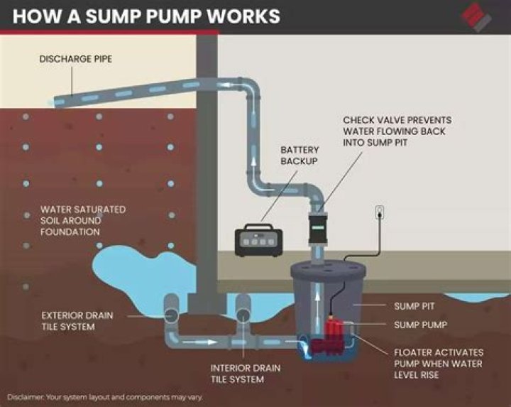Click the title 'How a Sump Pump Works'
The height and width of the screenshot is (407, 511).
click(x=146, y=16)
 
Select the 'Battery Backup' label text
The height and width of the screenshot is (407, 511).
click(x=300, y=156)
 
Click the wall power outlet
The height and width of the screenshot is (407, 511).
click(x=380, y=212)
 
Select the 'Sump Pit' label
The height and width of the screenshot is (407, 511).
click(x=413, y=307)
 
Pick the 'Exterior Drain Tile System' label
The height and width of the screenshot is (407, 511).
click(x=77, y=321)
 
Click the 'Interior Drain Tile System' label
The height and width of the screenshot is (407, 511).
click(x=245, y=374)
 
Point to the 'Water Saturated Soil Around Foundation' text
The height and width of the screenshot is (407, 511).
click(x=82, y=221)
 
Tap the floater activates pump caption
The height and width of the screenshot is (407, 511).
click(x=439, y=364)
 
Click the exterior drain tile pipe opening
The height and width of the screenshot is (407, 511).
click(x=172, y=313)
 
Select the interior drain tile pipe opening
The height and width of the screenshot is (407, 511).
click(x=242, y=313)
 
